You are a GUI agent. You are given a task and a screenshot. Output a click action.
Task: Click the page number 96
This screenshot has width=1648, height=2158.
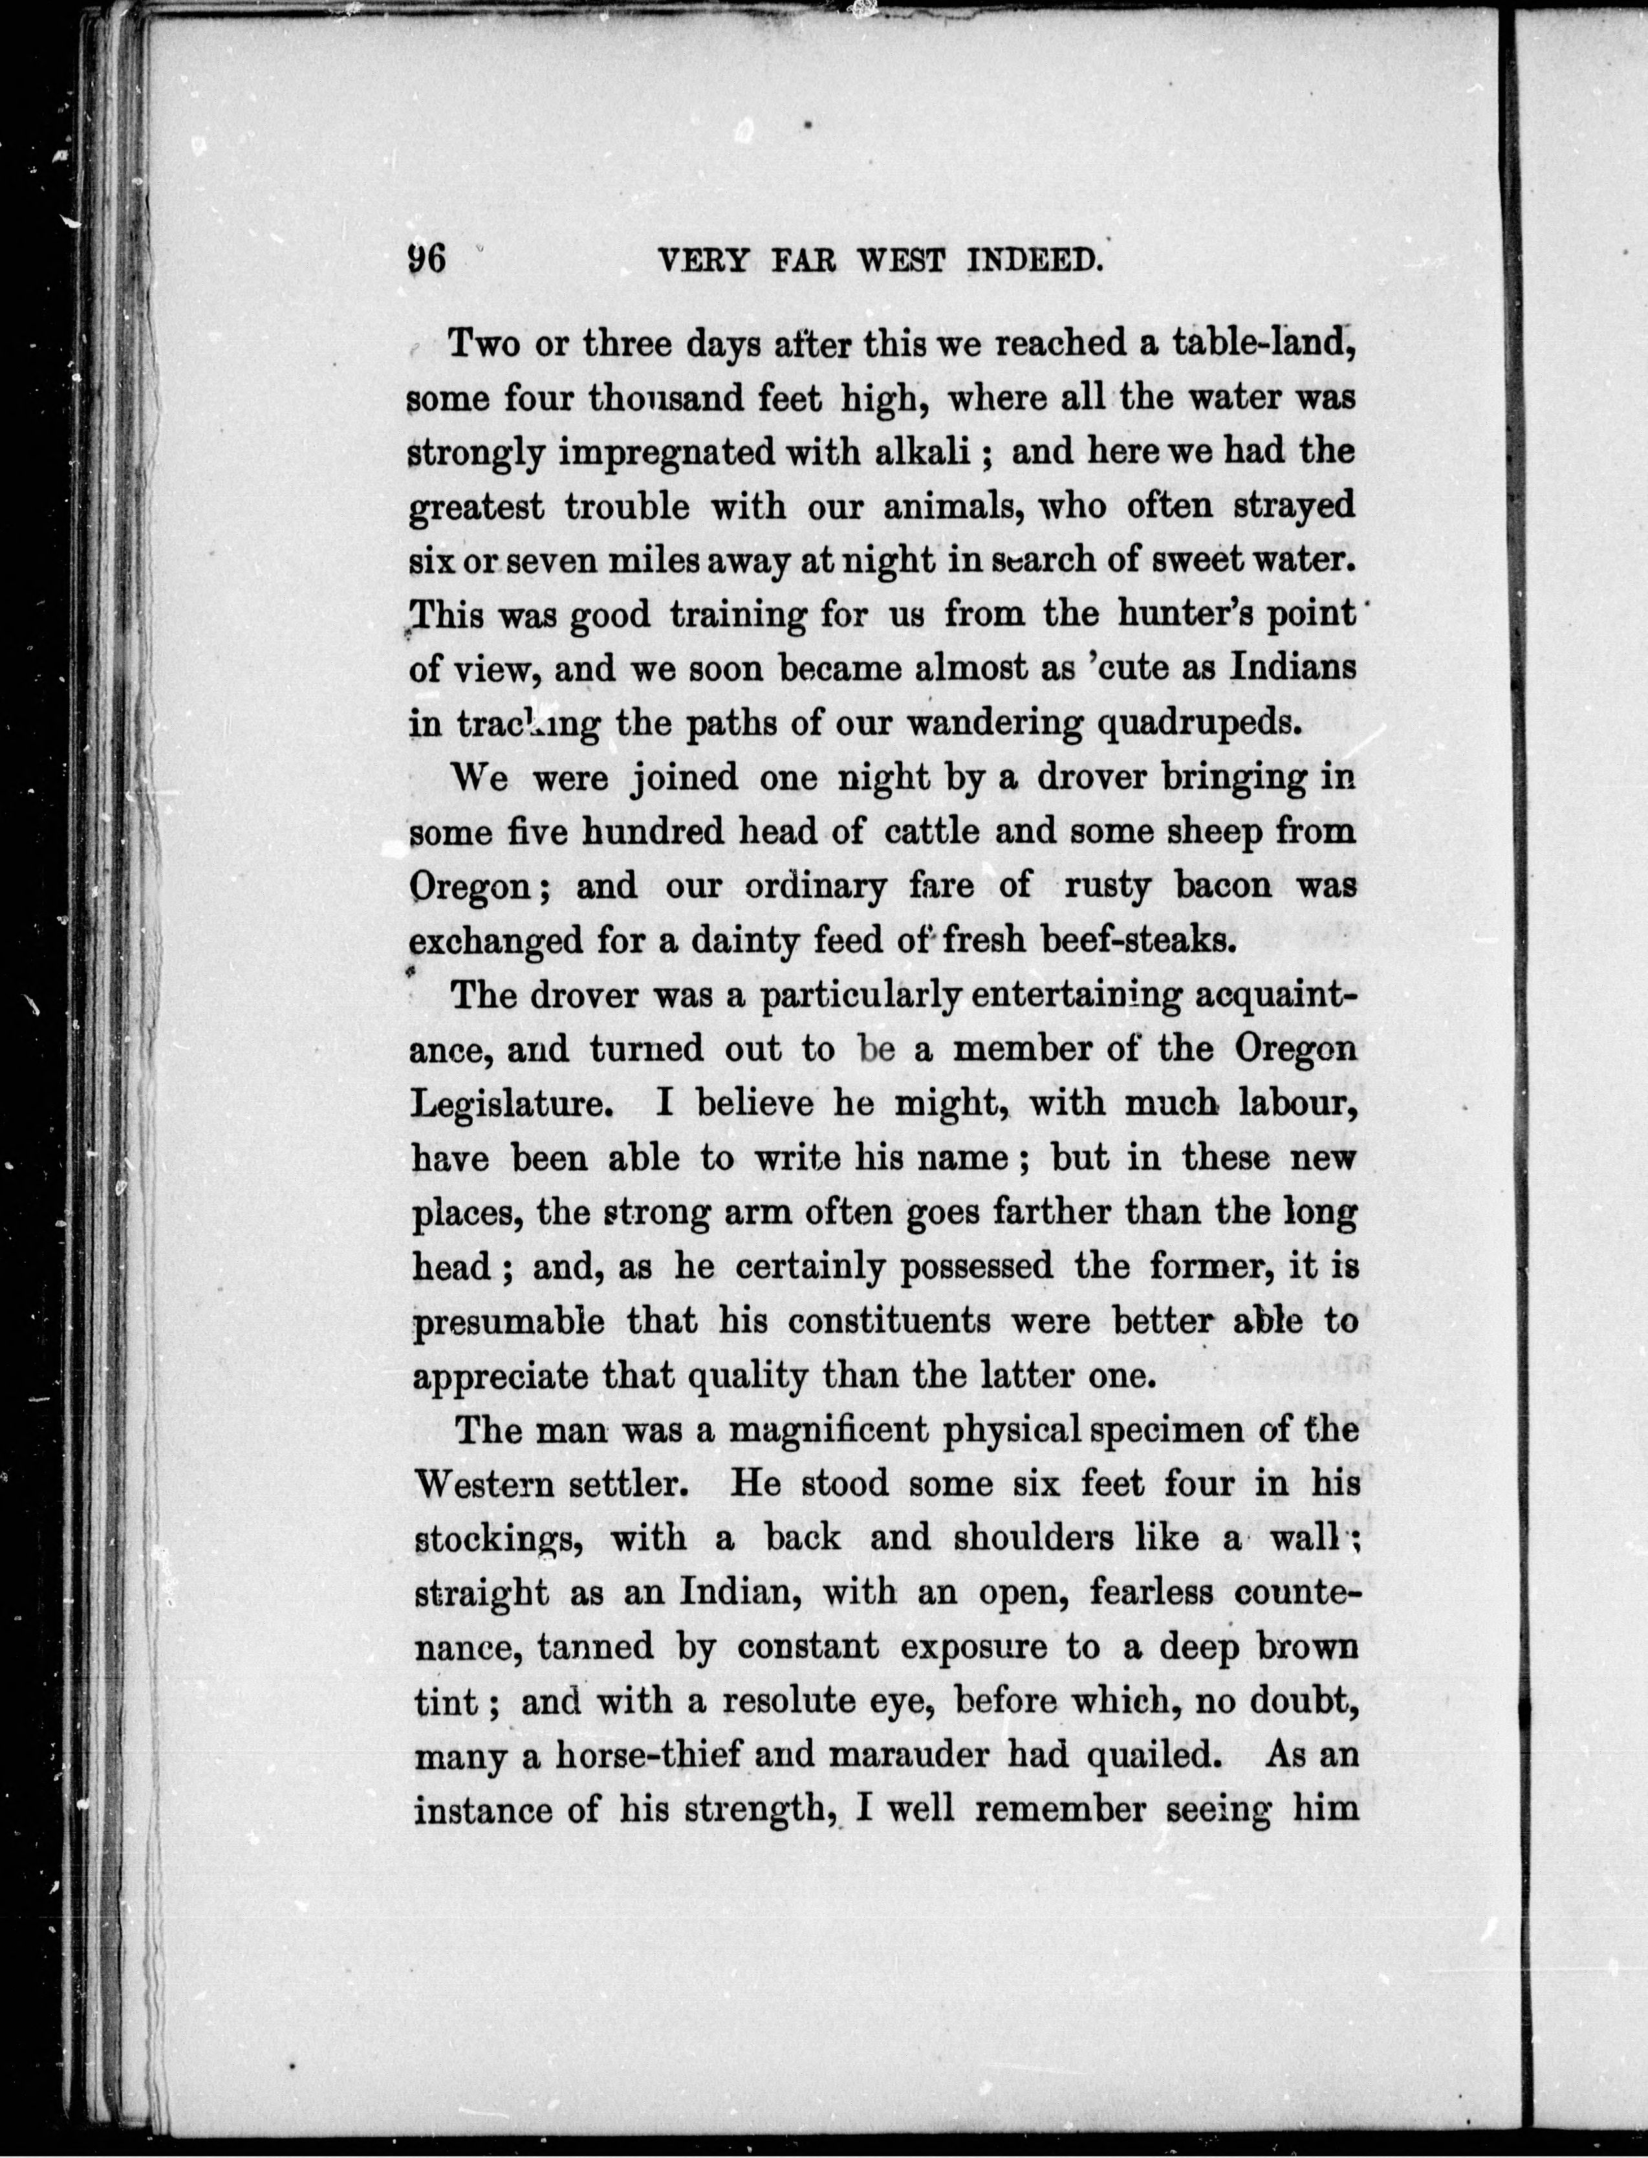click(x=427, y=260)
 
